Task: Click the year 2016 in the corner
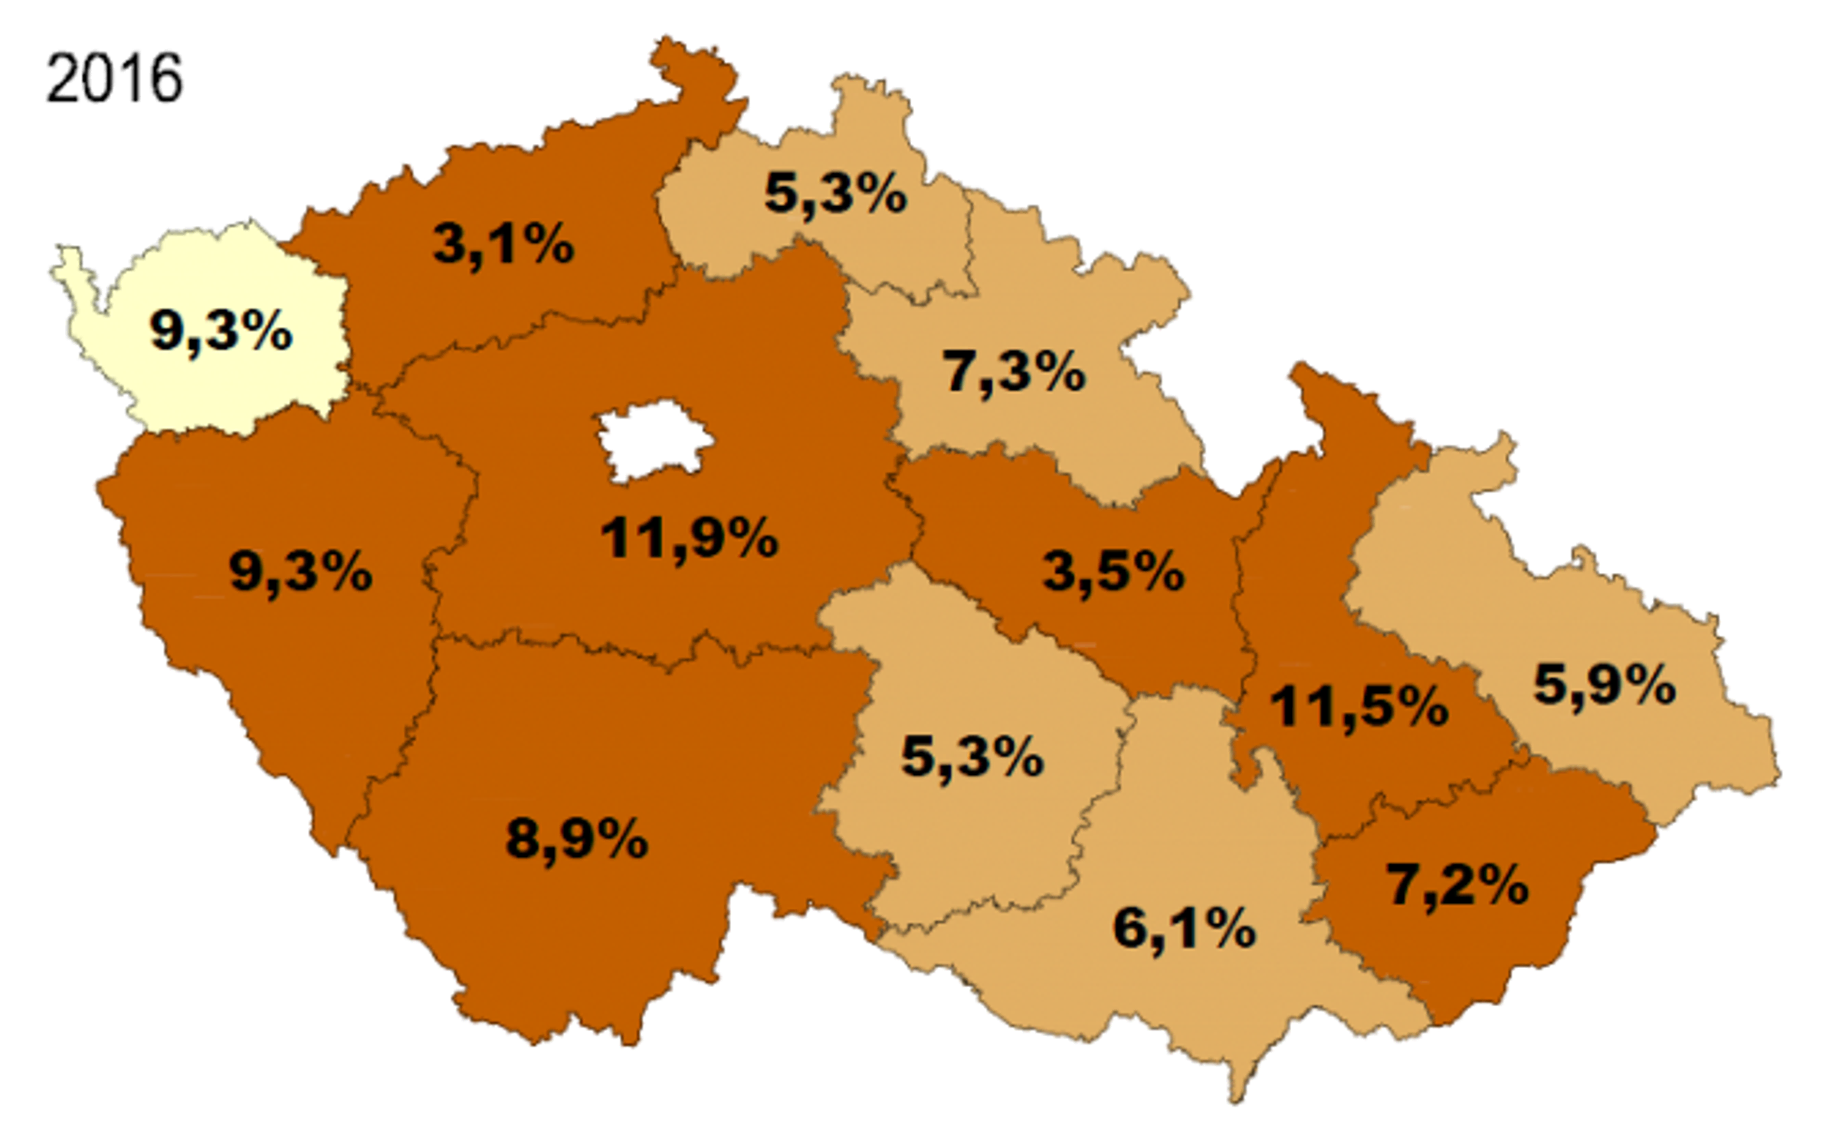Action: pos(114,78)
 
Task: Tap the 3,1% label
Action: pos(503,244)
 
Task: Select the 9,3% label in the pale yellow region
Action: pos(221,332)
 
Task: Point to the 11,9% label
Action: pos(690,538)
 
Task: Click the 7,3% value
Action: pos(1014,372)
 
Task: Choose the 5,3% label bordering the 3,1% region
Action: pos(836,193)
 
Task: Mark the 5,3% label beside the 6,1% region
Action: pos(972,757)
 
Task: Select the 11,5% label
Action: pos(1359,707)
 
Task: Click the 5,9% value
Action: pos(1605,685)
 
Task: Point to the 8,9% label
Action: pos(577,838)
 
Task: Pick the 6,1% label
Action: pos(1184,929)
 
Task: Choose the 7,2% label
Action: pos(1457,885)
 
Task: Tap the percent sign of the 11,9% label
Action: pos(749,538)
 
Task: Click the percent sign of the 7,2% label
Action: pos(1497,885)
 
